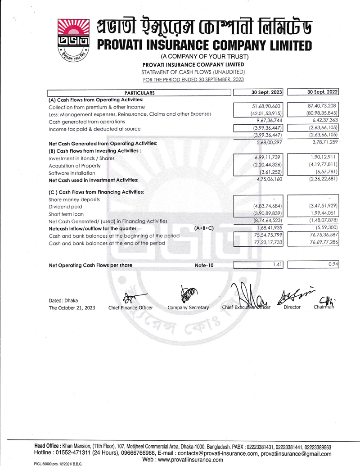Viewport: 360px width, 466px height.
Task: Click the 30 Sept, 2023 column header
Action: [266, 92]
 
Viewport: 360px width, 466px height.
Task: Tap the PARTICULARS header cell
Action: [139, 93]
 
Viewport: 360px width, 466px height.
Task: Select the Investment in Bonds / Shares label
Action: [81, 158]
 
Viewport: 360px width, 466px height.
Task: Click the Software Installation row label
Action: [72, 173]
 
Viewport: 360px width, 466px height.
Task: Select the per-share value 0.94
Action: [333, 265]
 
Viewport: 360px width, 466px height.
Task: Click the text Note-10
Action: [204, 266]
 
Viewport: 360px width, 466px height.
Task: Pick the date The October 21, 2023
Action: [72, 308]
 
